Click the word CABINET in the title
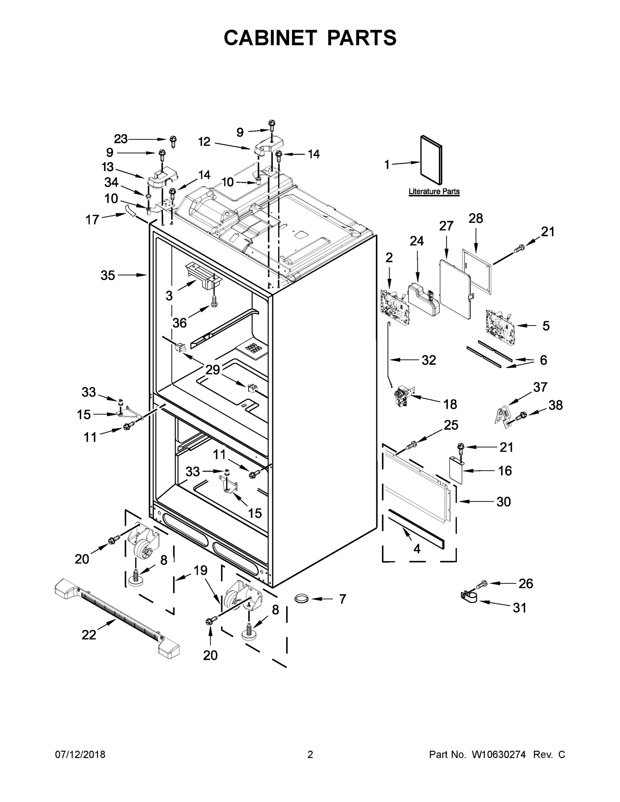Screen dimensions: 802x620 270,38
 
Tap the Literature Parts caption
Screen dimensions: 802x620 434,191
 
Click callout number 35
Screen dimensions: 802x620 108,275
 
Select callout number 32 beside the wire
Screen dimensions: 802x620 428,360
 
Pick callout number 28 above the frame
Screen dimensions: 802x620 476,219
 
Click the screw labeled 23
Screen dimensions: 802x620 173,141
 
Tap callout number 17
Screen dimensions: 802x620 92,220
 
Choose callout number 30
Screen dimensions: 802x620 504,502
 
